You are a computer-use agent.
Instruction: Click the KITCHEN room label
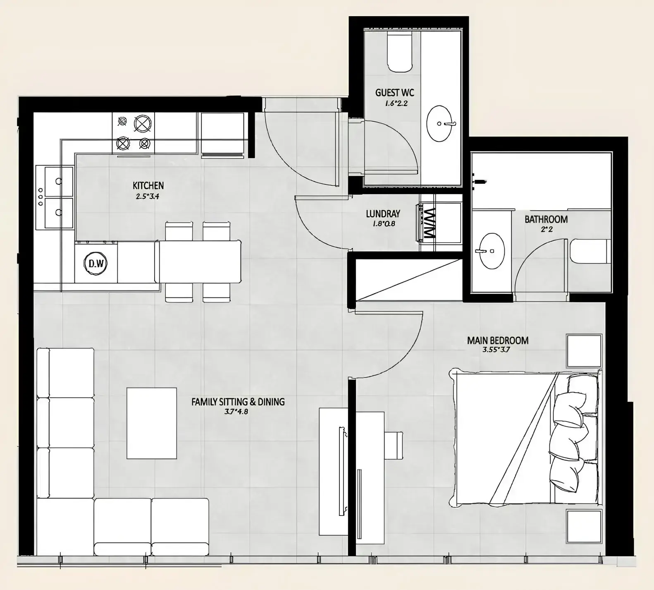click(148, 185)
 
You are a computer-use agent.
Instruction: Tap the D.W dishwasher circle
click(96, 263)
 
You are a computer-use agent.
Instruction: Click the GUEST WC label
click(394, 92)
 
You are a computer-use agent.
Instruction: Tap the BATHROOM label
click(546, 219)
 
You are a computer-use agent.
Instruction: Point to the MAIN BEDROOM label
click(498, 341)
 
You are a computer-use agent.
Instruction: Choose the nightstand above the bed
click(584, 351)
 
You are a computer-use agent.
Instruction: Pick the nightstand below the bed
click(584, 527)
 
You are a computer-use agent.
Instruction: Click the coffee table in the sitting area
click(152, 423)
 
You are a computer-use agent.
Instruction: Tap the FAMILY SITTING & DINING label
click(238, 402)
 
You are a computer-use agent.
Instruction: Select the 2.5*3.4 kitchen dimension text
click(148, 197)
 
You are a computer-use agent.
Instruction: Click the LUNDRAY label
click(383, 214)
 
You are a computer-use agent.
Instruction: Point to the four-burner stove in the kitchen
click(133, 133)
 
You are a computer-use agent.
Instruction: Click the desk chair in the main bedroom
click(393, 445)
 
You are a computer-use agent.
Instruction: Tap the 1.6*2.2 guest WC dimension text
click(396, 103)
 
